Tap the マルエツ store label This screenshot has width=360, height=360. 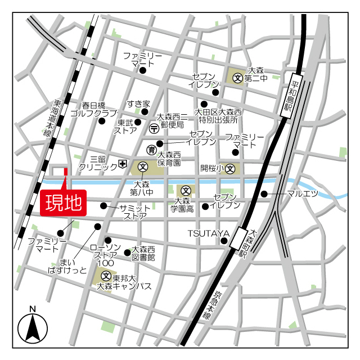point(302,194)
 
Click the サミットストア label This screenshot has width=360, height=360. point(135,211)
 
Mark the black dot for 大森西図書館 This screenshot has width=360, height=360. point(127,252)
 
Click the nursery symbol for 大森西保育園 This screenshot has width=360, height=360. point(151,150)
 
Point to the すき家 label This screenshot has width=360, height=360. point(138,103)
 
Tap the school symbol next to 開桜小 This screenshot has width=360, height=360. point(229,168)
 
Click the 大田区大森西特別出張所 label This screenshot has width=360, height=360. point(218,115)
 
